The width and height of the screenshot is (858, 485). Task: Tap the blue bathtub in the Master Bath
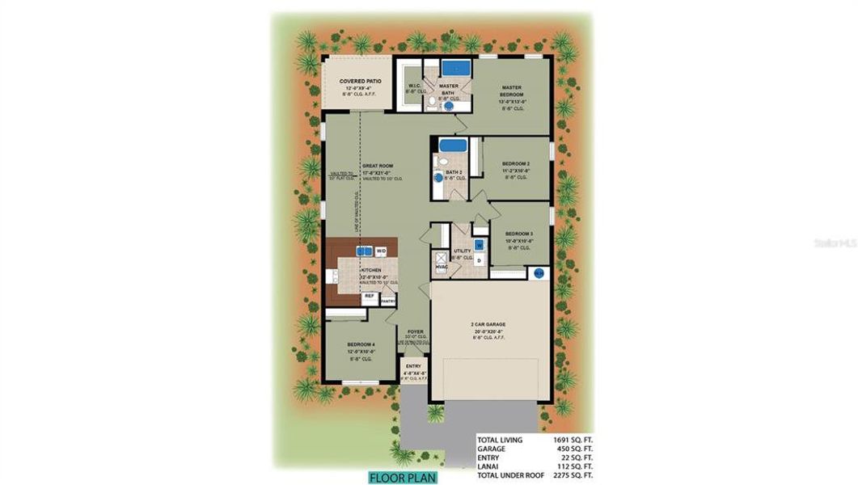tap(455, 67)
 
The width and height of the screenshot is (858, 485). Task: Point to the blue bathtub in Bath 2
tap(453, 146)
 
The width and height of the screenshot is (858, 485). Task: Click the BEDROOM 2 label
tap(515, 162)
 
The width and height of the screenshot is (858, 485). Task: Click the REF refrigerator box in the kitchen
tap(369, 297)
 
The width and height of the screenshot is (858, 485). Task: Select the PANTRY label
tap(388, 300)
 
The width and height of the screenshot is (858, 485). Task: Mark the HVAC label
tap(442, 266)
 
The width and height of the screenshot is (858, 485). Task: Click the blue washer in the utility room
tap(479, 244)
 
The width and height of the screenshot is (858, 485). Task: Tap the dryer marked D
tap(479, 261)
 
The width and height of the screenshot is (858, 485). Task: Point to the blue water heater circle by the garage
tap(538, 274)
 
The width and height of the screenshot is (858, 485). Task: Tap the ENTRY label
tap(413, 366)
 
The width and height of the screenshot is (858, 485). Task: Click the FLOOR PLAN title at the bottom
tap(402, 477)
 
